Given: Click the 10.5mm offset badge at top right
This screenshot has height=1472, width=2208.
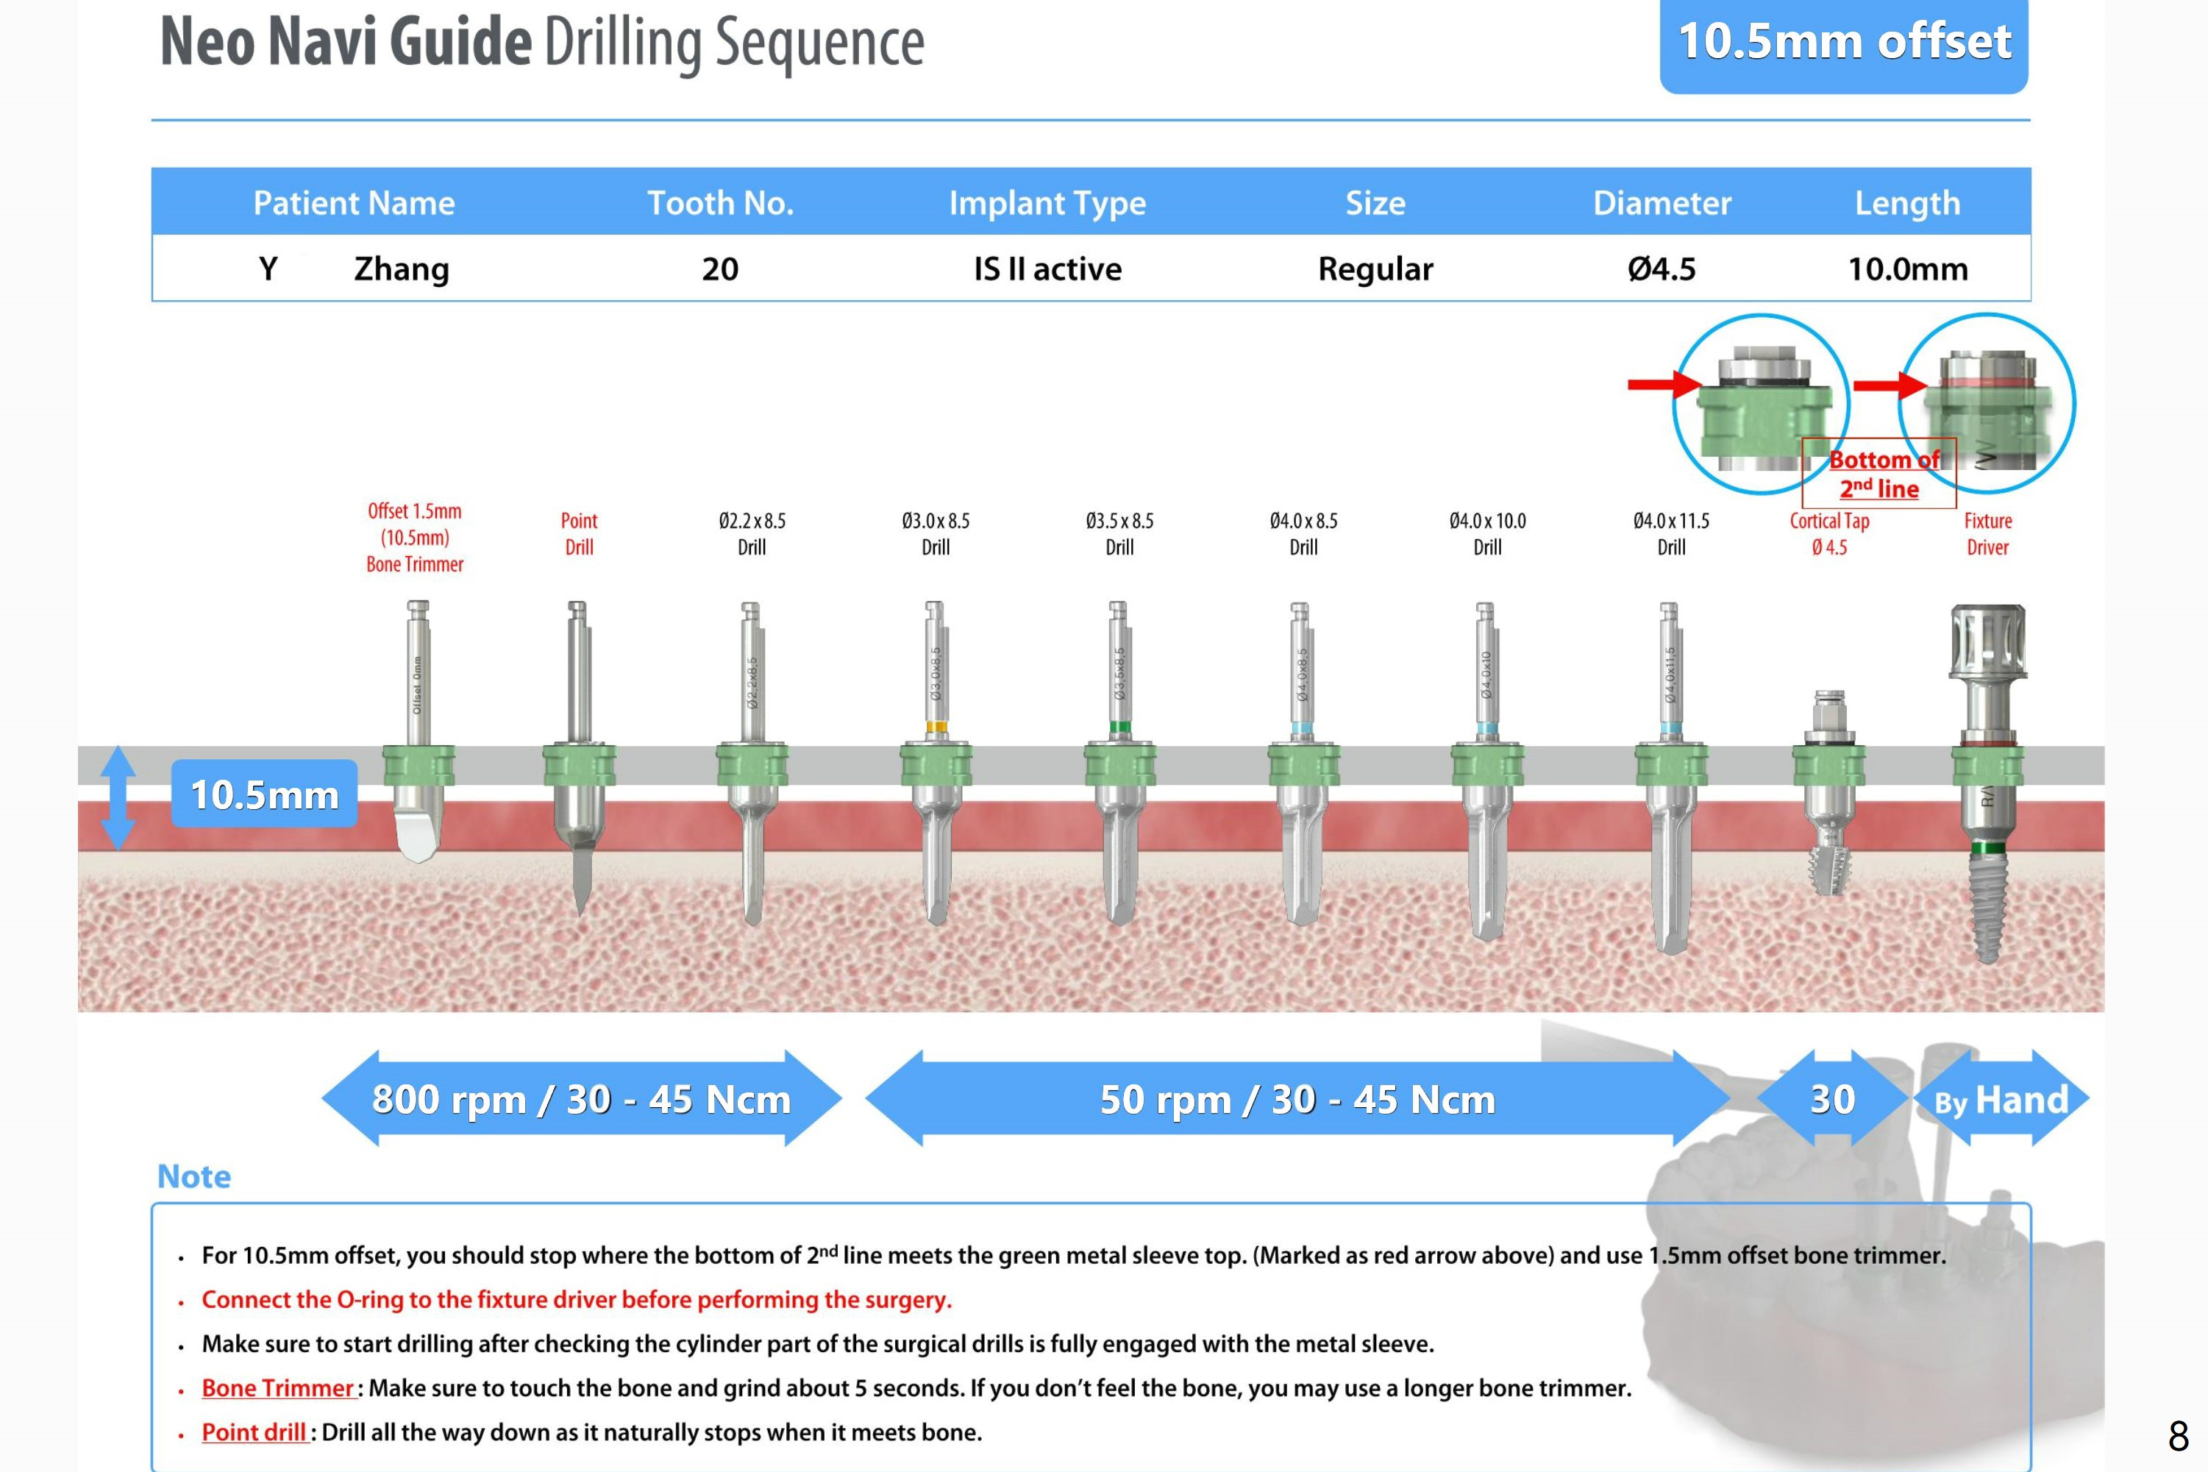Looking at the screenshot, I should coord(1843,43).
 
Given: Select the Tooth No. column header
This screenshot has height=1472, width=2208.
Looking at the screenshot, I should coord(720,203).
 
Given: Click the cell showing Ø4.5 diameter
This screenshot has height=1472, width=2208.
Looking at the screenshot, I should coord(1661,269).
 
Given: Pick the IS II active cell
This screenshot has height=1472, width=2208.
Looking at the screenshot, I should coord(1047,269).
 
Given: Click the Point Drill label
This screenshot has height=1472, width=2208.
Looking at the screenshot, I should coord(579,533).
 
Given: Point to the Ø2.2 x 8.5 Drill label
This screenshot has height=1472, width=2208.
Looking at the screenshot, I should coord(752,533).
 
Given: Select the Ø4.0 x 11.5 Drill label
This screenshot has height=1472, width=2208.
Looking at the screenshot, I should coord(1670,533).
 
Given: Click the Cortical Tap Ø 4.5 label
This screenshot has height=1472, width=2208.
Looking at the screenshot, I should coord(1829,533).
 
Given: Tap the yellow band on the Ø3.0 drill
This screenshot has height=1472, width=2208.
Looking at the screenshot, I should coord(936,727).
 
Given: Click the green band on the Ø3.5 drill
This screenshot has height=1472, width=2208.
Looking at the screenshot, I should coord(1119,727).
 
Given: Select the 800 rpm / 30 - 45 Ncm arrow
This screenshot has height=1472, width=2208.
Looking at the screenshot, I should coord(581,1098).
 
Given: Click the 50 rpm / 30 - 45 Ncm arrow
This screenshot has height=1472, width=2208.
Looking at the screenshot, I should coord(1297,1098).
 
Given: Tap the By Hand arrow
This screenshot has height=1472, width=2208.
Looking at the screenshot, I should coord(2001,1099).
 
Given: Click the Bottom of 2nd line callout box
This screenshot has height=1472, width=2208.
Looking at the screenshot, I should coord(1878,473).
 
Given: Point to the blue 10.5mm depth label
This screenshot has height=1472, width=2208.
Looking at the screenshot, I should coord(265,794).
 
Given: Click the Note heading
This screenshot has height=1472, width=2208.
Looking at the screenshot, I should coord(194,1176).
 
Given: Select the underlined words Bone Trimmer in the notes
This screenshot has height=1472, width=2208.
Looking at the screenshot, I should coord(278,1387).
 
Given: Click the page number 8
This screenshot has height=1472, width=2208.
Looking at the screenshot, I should coord(2178,1435).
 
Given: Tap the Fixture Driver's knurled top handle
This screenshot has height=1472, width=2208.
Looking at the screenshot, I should coord(1987,640).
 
